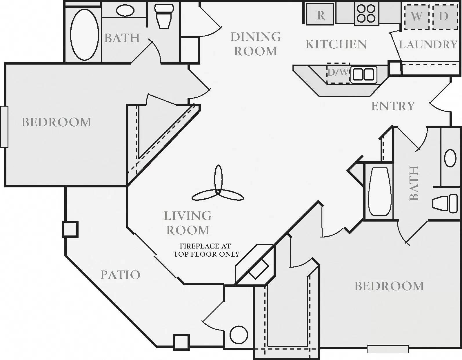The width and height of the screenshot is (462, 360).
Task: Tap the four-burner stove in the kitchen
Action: [x=366, y=14]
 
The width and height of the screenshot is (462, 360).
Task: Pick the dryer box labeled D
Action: [x=444, y=17]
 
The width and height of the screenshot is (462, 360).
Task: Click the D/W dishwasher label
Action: [x=338, y=72]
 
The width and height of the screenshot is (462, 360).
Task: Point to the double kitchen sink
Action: [x=364, y=74]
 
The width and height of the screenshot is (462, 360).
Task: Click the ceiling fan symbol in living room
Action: [x=218, y=188]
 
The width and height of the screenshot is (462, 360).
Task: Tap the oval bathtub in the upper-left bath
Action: [x=84, y=34]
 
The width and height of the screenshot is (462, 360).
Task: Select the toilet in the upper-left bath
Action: [x=164, y=17]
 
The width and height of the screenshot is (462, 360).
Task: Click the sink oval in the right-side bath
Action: [x=450, y=158]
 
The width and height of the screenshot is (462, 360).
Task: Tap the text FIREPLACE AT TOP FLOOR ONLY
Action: [x=206, y=250]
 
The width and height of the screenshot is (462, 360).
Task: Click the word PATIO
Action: [x=120, y=275]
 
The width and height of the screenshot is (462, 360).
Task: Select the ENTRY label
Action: [x=393, y=106]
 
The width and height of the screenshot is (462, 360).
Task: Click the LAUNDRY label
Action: [x=428, y=45]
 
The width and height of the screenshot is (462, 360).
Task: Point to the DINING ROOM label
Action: [x=255, y=44]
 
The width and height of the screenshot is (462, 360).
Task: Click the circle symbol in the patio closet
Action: [x=239, y=335]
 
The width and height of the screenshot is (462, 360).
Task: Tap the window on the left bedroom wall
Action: [x=4, y=127]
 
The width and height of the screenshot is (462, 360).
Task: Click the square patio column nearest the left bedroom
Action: [x=70, y=229]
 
